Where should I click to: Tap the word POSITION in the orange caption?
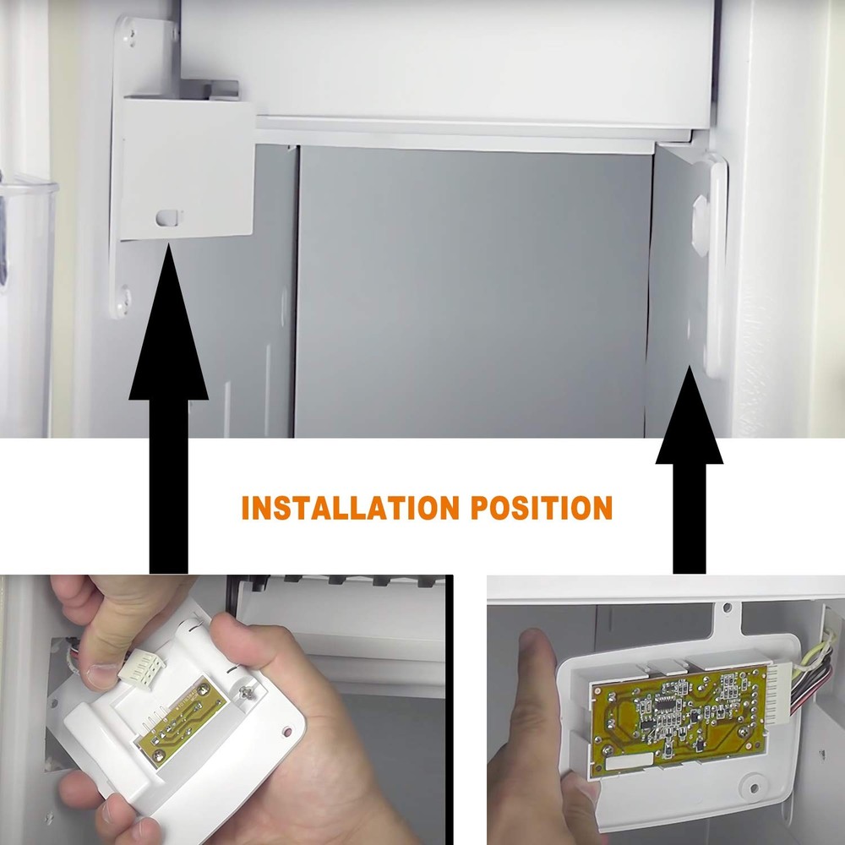coord(542,508)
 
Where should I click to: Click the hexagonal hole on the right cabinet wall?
coord(701,221)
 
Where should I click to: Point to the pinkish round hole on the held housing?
coord(286,732)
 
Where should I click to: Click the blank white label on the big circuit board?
coord(630,761)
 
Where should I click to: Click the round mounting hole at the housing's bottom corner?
coord(754,788)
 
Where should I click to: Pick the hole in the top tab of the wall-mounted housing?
coord(727,608)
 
